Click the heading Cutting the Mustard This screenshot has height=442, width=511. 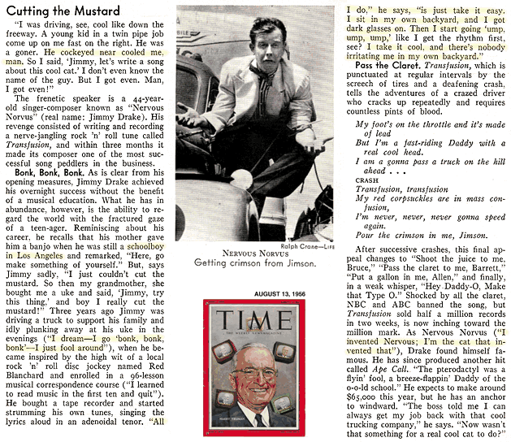62,11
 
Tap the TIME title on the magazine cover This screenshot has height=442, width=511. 254,318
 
